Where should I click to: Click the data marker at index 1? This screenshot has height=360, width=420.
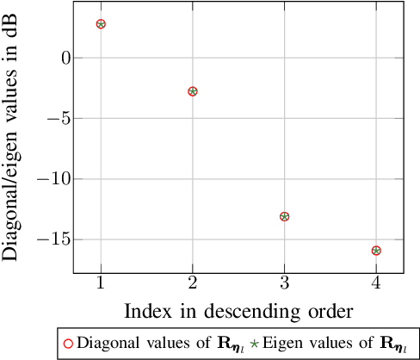pyautogui.click(x=101, y=24)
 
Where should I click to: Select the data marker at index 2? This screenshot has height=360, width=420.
pyautogui.click(x=193, y=91)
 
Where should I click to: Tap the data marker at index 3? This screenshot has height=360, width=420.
pyautogui.click(x=284, y=216)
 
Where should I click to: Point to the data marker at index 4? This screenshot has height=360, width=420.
pyautogui.click(x=376, y=251)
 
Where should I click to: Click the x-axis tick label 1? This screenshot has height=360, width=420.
pyautogui.click(x=101, y=283)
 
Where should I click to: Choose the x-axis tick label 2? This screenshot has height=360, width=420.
pyautogui.click(x=193, y=283)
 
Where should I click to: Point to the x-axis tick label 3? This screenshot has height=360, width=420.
pyautogui.click(x=284, y=283)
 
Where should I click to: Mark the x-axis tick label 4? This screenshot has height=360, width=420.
pyautogui.click(x=376, y=283)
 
